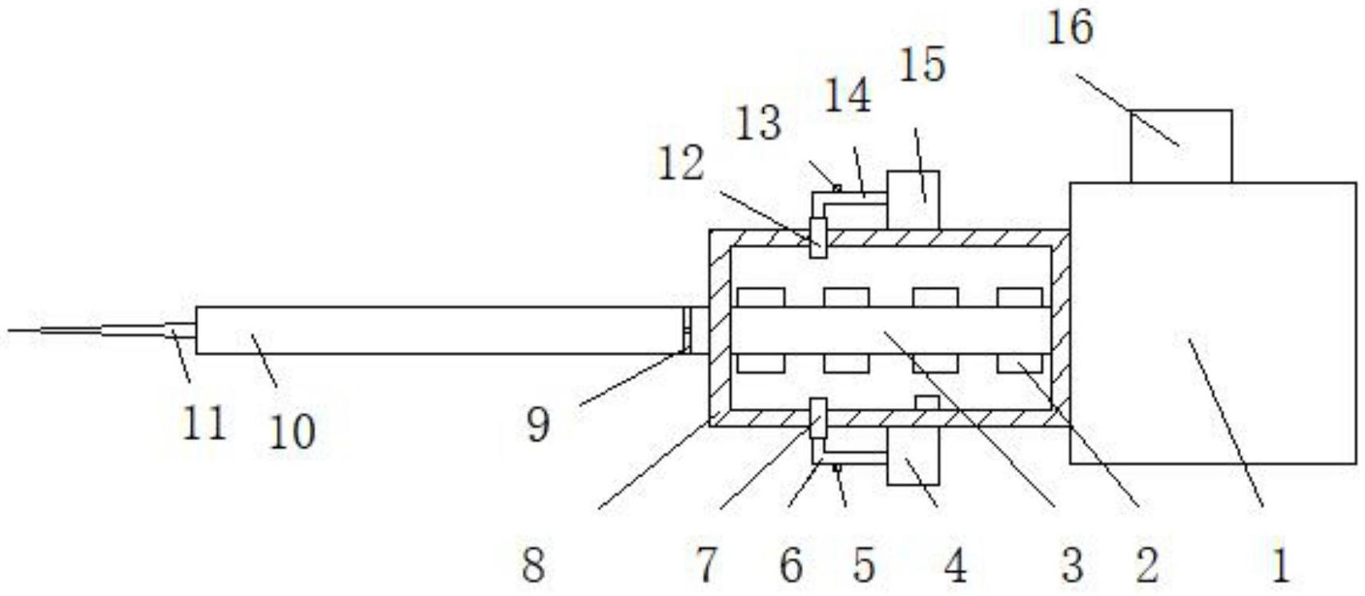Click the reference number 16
(x=1070, y=28)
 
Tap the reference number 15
(x=922, y=65)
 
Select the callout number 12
(x=680, y=164)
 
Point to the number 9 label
(x=539, y=424)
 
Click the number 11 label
(x=203, y=422)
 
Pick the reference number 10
(x=291, y=433)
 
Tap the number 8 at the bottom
(x=534, y=565)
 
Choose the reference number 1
(x=1280, y=565)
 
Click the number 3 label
(x=1072, y=565)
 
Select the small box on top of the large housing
(x=1181, y=146)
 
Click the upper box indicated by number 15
(x=913, y=198)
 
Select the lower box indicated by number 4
(x=913, y=456)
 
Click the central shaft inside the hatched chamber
(x=889, y=330)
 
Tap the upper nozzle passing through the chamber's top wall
(x=817, y=238)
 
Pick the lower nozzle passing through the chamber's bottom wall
(x=817, y=418)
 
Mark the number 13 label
(x=758, y=125)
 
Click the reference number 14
(x=848, y=97)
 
